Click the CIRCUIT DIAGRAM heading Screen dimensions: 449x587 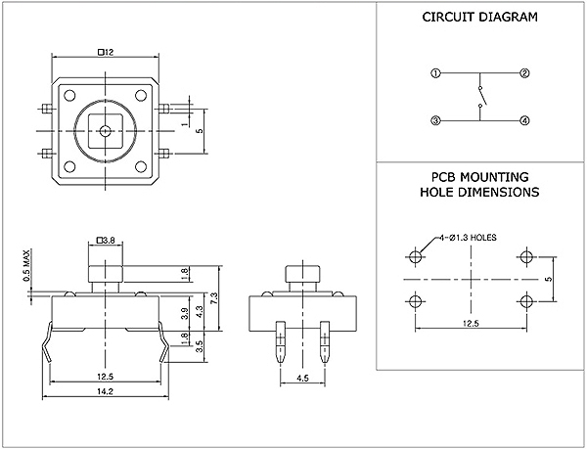pos(479,18)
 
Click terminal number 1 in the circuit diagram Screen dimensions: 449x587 pos(435,73)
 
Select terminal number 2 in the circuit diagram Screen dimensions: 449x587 pos(524,73)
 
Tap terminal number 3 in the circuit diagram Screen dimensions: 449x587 pos(435,120)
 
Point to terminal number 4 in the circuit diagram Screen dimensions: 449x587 pos(524,120)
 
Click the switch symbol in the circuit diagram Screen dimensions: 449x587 pos(479,98)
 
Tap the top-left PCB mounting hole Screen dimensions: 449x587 pos(416,257)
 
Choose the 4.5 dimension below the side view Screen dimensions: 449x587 pos(302,377)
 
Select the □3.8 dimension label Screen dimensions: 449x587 pos(108,239)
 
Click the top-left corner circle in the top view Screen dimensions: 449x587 pos(71,95)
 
